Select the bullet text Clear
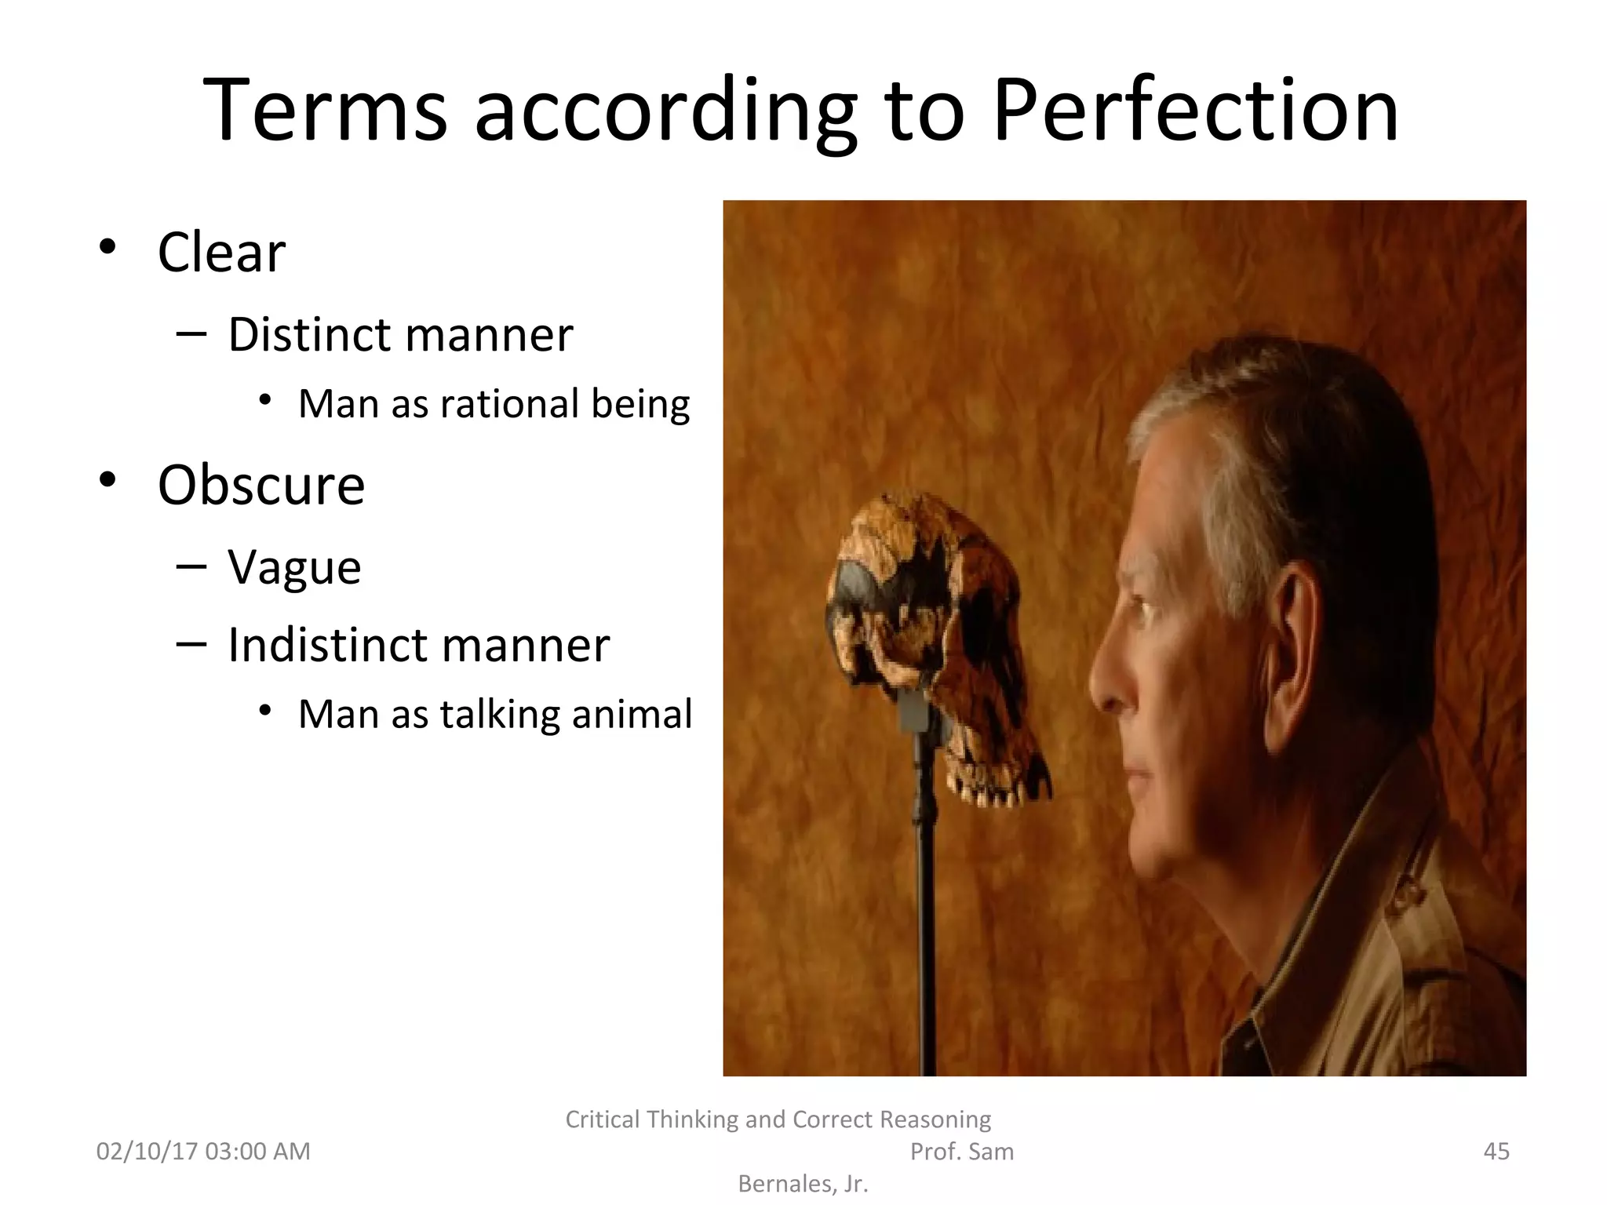click(x=221, y=253)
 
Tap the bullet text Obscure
click(x=261, y=485)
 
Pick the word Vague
click(x=294, y=567)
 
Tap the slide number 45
click(x=1496, y=1151)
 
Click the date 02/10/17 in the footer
click(x=147, y=1151)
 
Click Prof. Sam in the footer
click(x=961, y=1151)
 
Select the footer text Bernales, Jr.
click(x=803, y=1183)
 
